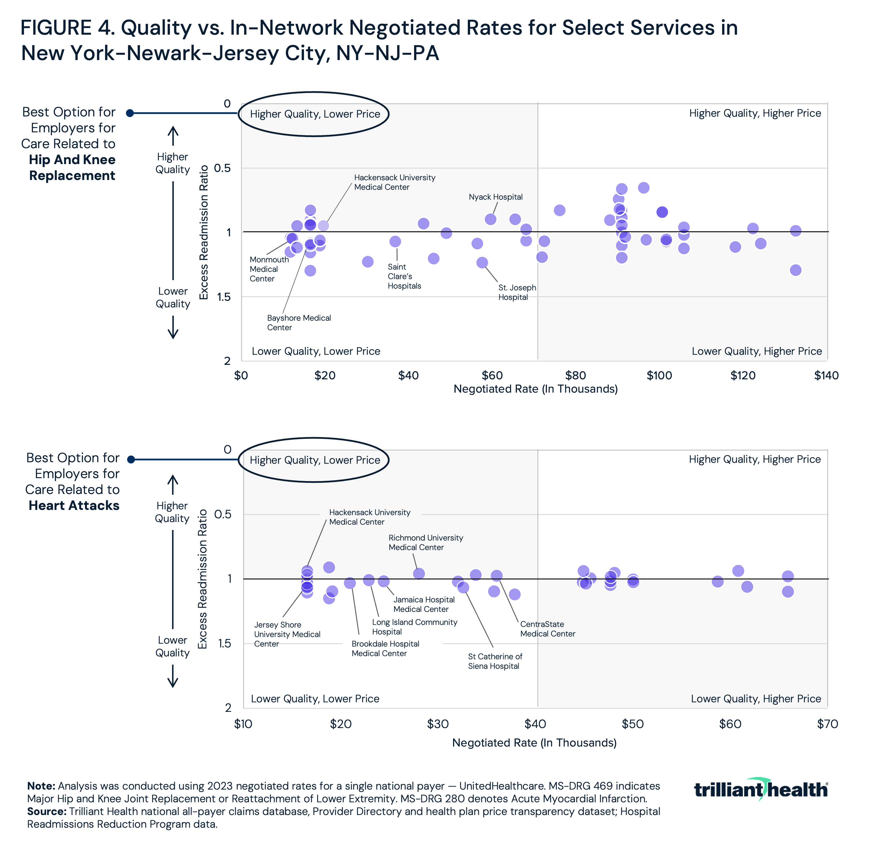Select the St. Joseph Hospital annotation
(517, 292)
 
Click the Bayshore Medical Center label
(299, 322)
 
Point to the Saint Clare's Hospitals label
(404, 276)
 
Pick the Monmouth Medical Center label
(269, 269)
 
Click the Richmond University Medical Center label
(425, 542)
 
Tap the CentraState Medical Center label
(547, 629)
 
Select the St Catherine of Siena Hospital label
(495, 661)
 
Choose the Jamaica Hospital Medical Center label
(424, 604)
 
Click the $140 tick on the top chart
(826, 375)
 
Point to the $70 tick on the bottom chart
(827, 724)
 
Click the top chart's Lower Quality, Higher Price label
(756, 351)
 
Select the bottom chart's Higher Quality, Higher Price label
(755, 459)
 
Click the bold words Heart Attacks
(74, 506)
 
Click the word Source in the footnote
(46, 812)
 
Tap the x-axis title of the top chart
(535, 389)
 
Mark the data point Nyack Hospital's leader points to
(490, 219)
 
